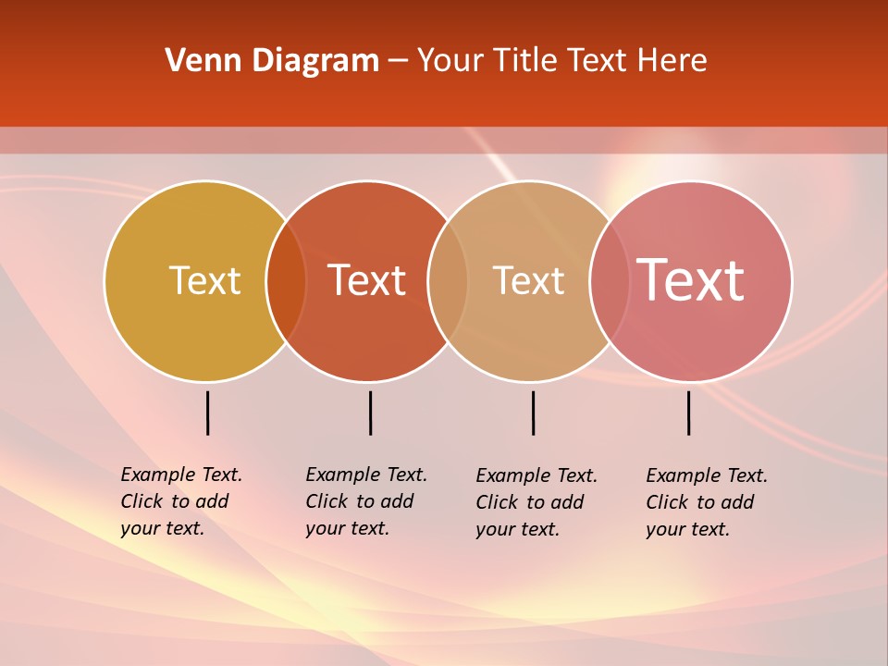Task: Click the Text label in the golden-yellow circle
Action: tap(204, 280)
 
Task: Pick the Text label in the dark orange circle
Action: tap(367, 280)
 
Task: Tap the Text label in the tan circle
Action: tap(528, 280)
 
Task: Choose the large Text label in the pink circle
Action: tap(691, 279)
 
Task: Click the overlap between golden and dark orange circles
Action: tap(286, 281)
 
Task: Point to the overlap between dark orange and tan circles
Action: tap(448, 281)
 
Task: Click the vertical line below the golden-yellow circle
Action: tap(207, 413)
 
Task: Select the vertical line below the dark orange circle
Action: tap(370, 413)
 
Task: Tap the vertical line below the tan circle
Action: tap(533, 413)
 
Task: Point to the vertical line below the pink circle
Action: tap(688, 413)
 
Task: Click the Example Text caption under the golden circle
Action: tap(181, 501)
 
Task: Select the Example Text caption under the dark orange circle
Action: tap(366, 501)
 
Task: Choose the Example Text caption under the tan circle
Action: tap(536, 502)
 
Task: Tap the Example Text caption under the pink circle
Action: tap(707, 502)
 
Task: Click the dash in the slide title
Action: tap(398, 62)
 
